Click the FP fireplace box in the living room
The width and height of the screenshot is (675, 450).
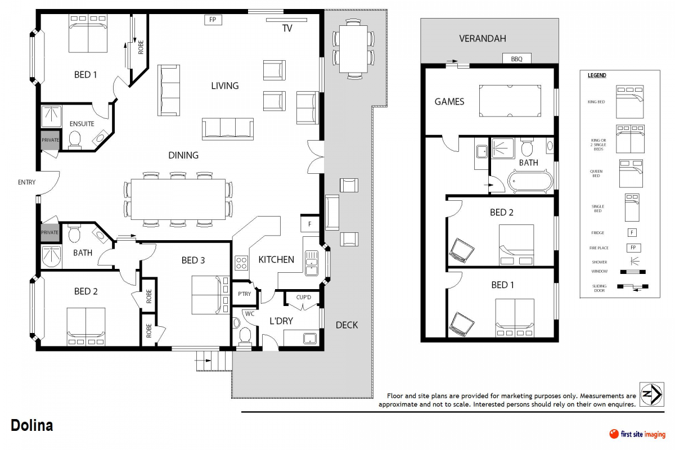(213, 20)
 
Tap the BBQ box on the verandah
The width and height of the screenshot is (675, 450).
(516, 59)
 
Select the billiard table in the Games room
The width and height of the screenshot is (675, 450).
(510, 101)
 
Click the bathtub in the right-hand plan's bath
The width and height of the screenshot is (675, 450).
(530, 181)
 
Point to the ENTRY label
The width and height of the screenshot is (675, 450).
(26, 182)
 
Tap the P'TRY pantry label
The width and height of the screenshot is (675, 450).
(244, 294)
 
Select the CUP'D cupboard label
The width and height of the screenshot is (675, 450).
(303, 297)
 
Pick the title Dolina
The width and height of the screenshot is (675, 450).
(32, 426)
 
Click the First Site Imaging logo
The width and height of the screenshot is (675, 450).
(637, 434)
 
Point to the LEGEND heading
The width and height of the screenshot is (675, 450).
(597, 75)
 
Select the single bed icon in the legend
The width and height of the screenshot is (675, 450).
(633, 207)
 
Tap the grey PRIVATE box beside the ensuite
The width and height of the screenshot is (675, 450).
(50, 139)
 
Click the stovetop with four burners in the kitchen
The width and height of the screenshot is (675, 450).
(241, 263)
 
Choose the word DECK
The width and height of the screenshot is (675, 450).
(346, 325)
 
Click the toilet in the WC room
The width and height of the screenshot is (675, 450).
(245, 335)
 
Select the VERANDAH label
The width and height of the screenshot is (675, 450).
(482, 39)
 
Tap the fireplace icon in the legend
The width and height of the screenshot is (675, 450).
(633, 247)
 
